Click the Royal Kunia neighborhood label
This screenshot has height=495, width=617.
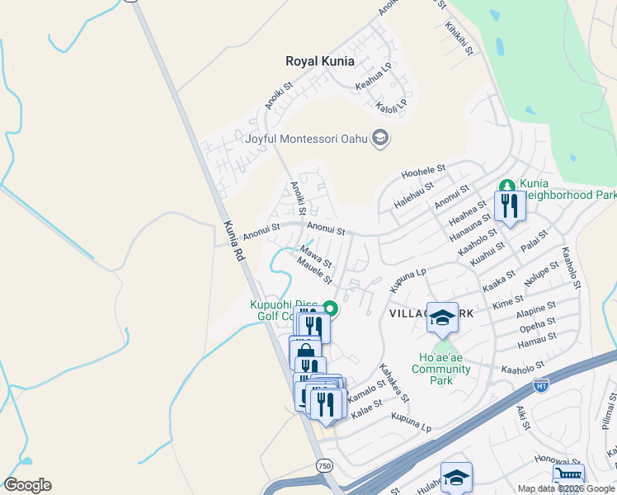pyautogui.click(x=320, y=61)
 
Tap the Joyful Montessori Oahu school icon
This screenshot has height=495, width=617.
pyautogui.click(x=380, y=138)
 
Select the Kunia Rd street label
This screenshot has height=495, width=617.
pyautogui.click(x=233, y=241)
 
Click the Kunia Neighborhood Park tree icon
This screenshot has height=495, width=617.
pyautogui.click(x=507, y=186)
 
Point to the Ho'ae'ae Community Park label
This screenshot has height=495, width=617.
pyautogui.click(x=445, y=363)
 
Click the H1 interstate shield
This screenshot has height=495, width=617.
pyautogui.click(x=541, y=384)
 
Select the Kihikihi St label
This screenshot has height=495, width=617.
pyautogui.click(x=459, y=39)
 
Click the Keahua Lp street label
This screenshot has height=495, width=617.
pyautogui.click(x=374, y=76)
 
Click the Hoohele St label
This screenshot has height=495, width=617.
pyautogui.click(x=423, y=172)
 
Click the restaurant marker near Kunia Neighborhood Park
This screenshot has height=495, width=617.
pyautogui.click(x=510, y=206)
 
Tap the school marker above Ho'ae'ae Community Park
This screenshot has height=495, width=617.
pyautogui.click(x=442, y=318)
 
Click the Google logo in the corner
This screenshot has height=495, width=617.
pyautogui.click(x=27, y=485)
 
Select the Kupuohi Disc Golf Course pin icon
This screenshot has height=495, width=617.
pyautogui.click(x=330, y=309)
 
